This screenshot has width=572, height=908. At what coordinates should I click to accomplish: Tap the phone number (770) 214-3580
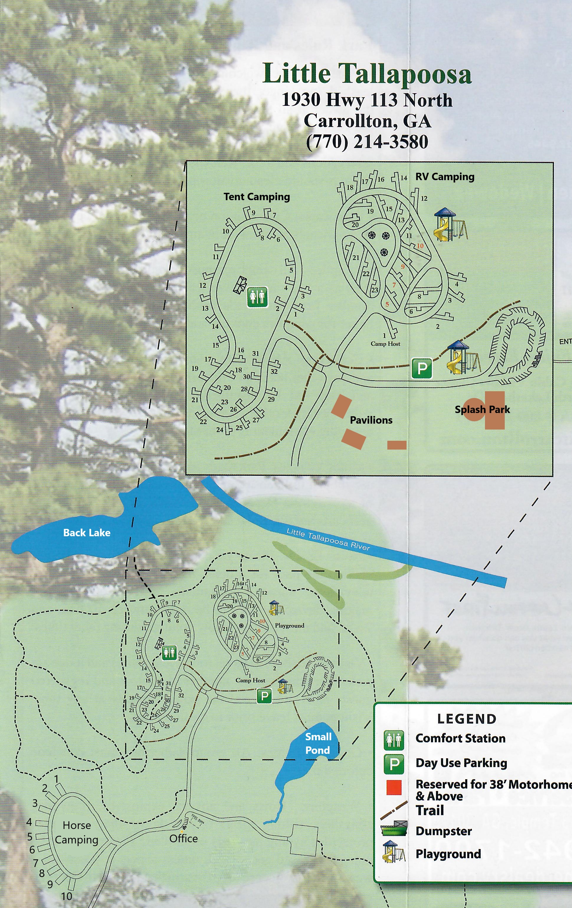pyautogui.click(x=367, y=142)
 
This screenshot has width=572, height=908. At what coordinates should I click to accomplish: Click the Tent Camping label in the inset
pyautogui.click(x=257, y=197)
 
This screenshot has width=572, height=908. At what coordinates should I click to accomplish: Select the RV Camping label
pyautogui.click(x=445, y=177)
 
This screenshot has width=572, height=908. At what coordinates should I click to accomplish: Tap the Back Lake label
pyautogui.click(x=87, y=533)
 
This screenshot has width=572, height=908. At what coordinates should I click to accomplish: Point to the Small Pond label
pyautogui.click(x=318, y=743)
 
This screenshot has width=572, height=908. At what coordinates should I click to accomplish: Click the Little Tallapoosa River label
pyautogui.click(x=328, y=539)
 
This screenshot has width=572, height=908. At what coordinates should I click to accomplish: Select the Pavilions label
pyautogui.click(x=371, y=420)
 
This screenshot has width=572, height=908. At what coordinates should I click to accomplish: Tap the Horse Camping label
pyautogui.click(x=77, y=833)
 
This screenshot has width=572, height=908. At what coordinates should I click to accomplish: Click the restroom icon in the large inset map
pyautogui.click(x=257, y=297)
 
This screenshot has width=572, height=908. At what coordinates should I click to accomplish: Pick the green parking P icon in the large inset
pyautogui.click(x=422, y=368)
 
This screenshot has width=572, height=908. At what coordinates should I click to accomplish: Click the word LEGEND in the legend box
pyautogui.click(x=467, y=719)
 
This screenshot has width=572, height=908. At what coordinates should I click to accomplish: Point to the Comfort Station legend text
pyautogui.click(x=460, y=738)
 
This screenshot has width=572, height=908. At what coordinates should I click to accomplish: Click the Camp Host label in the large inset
pyautogui.click(x=385, y=343)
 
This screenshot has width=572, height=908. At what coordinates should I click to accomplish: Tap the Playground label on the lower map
pyautogui.click(x=289, y=626)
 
